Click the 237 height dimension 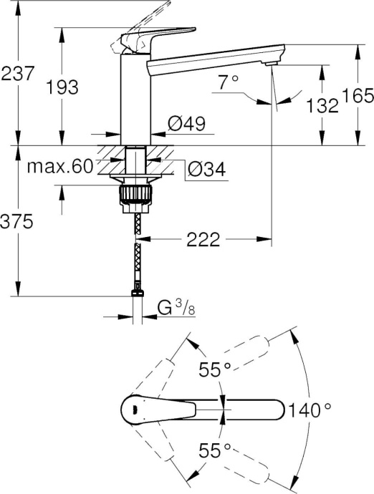pyautogui.click(x=17, y=74)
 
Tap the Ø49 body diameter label pyautogui.click(x=186, y=124)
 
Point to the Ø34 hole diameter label pyautogui.click(x=206, y=170)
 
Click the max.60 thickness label pyautogui.click(x=60, y=168)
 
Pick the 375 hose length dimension pyautogui.click(x=17, y=223)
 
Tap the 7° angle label pyautogui.click(x=228, y=82)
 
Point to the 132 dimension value pyautogui.click(x=321, y=106)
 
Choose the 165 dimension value pyautogui.click(x=356, y=95)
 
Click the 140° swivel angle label pyautogui.click(x=309, y=410)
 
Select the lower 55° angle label pyautogui.click(x=214, y=450)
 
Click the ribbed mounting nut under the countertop pyautogui.click(x=135, y=195)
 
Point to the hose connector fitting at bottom pyautogui.click(x=135, y=291)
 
